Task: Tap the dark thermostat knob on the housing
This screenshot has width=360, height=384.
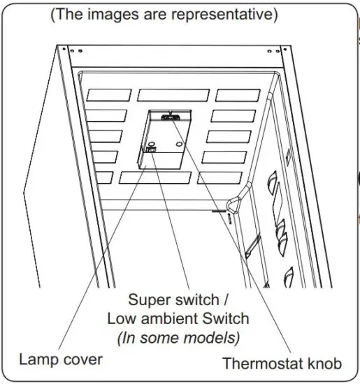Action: [168, 118]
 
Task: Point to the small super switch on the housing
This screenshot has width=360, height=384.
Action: [150, 148]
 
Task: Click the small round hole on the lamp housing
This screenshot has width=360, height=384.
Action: [181, 145]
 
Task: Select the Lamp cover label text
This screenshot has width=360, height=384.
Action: [61, 360]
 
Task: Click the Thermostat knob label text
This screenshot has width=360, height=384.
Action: [282, 363]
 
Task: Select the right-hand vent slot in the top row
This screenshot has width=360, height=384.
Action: [238, 95]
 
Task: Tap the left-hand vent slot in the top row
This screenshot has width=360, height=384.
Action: [108, 95]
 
